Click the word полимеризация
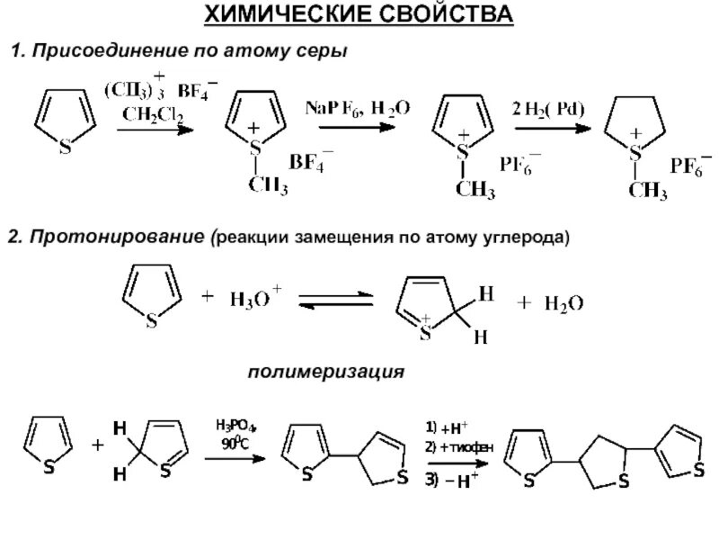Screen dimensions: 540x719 (x=326, y=370)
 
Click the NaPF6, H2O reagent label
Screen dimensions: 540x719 (x=358, y=108)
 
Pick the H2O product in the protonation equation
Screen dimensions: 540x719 (x=564, y=304)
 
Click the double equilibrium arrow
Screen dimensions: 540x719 (x=335, y=301)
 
